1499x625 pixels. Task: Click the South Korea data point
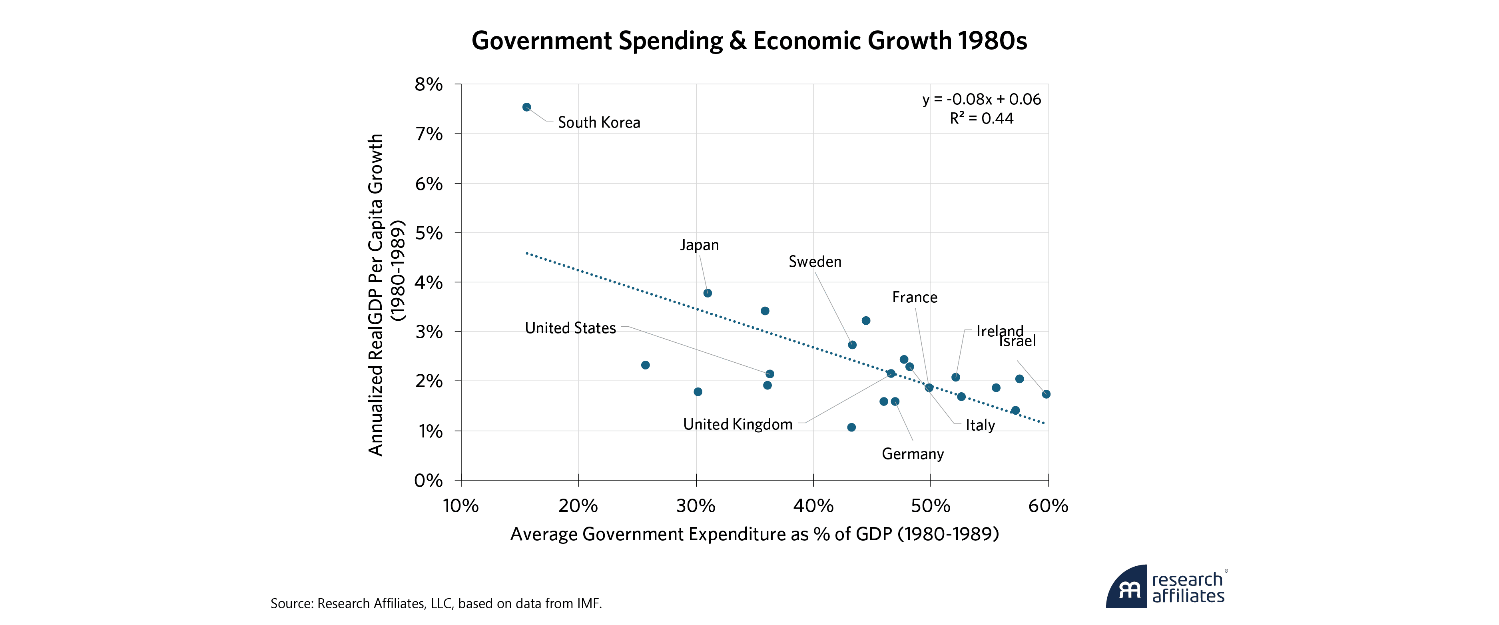pos(526,107)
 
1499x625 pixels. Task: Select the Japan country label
pos(700,245)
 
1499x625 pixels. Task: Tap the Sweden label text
pos(815,262)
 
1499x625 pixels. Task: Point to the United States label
pos(570,328)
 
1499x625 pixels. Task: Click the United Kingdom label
pos(738,424)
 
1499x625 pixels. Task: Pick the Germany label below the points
pos(913,454)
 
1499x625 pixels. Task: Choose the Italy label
pos(981,425)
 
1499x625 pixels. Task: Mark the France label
pos(915,298)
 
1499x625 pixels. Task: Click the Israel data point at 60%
pos(1046,394)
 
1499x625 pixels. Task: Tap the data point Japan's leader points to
pos(708,293)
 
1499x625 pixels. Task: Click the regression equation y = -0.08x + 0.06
pos(982,100)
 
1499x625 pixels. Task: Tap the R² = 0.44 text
pos(982,119)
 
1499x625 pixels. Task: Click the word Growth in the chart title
pos(909,41)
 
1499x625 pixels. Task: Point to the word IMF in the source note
pos(588,603)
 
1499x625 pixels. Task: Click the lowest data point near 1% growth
pos(851,427)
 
